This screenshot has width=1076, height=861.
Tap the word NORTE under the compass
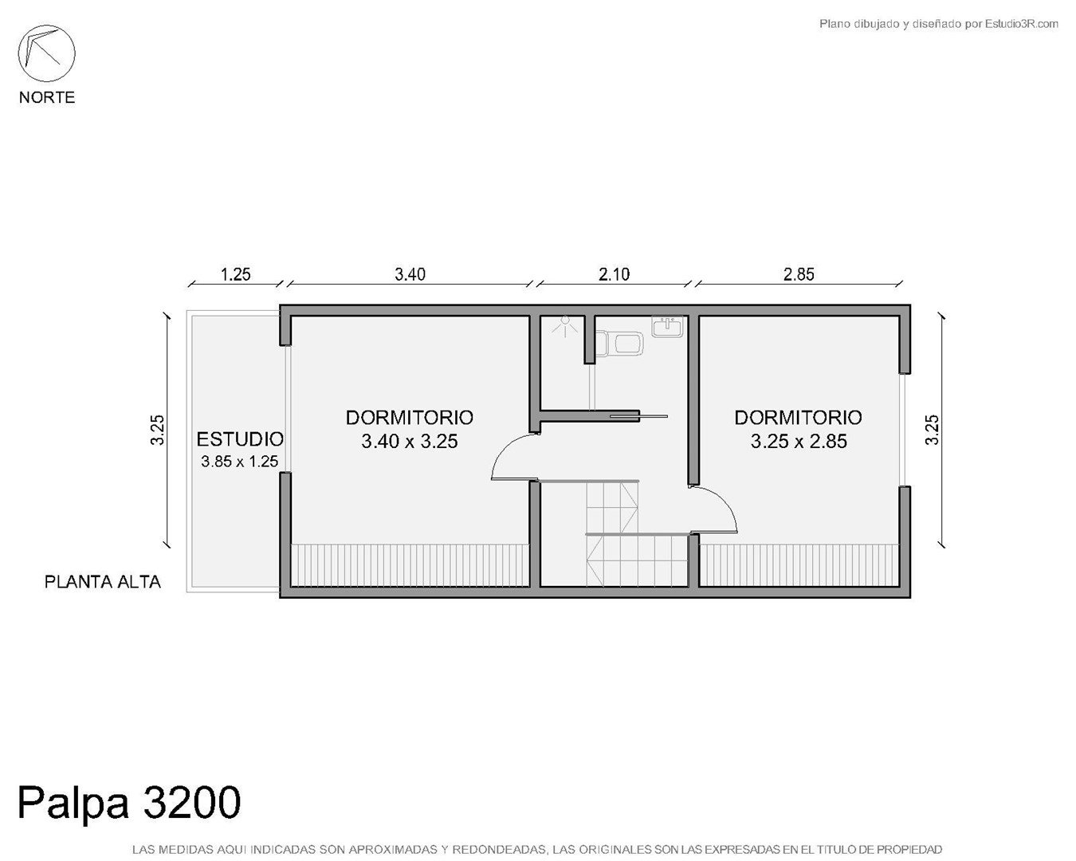[x=47, y=97]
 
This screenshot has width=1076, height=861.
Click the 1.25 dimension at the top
[x=235, y=275]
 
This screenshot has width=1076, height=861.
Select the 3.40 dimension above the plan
[x=410, y=275]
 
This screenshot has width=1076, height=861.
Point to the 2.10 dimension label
[x=614, y=275]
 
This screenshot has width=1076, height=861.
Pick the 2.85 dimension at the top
[x=799, y=275]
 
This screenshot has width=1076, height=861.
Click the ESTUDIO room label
[x=240, y=440]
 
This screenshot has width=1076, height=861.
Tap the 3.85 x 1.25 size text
[x=239, y=462]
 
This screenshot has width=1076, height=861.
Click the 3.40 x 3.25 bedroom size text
[x=410, y=441]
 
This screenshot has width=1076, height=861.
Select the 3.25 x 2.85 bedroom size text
[x=799, y=441]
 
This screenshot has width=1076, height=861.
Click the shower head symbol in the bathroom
[x=565, y=326]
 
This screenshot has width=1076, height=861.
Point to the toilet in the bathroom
[x=619, y=342]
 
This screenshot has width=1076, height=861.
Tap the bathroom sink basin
[x=667, y=326]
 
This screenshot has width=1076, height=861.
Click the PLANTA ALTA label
[x=103, y=582]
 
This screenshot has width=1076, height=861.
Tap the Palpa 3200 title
[x=129, y=804]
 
